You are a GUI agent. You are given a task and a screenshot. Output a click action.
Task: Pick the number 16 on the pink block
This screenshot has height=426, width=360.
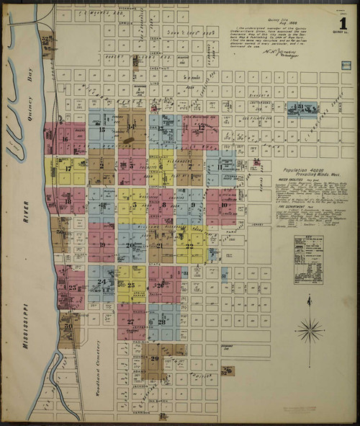click(x=65, y=140)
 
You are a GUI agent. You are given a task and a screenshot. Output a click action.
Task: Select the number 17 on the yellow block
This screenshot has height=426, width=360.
click(x=68, y=169)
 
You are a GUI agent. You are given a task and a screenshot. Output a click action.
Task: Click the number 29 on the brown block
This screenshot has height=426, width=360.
click(x=155, y=358)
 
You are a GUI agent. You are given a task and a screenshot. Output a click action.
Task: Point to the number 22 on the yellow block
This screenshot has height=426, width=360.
click(x=189, y=246)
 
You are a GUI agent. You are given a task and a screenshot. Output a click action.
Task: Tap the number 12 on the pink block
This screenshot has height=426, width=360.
click(x=202, y=127)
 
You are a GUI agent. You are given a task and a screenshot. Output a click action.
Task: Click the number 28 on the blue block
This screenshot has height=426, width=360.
click(x=162, y=321)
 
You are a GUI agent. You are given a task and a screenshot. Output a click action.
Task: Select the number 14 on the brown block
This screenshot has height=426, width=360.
click(x=130, y=127)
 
